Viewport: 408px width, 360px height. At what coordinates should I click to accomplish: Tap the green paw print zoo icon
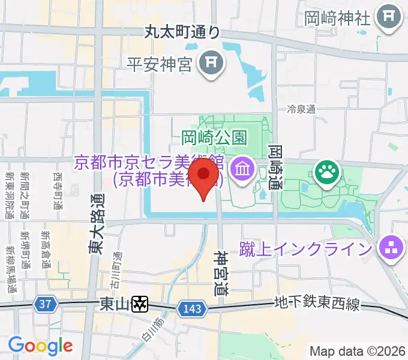(328, 173)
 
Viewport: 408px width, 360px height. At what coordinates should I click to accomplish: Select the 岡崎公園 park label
(214, 137)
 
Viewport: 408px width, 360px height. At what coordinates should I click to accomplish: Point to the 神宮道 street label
(221, 274)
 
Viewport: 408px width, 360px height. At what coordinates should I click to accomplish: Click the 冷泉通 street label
(301, 109)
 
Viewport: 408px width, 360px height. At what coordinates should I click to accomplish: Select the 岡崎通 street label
(275, 166)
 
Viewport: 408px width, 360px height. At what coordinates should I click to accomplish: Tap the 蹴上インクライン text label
(306, 247)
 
